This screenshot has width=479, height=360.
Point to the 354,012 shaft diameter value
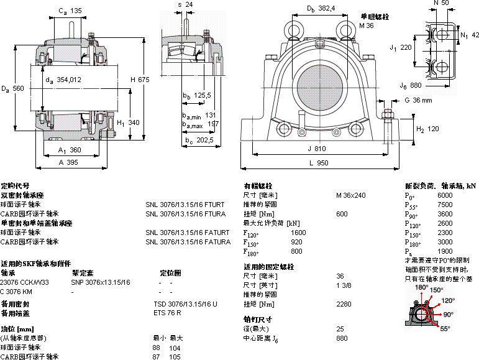(x=68, y=79)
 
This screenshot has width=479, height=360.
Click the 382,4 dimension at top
(x=323, y=8)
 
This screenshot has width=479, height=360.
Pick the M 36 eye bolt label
(x=367, y=25)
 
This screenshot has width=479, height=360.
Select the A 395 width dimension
(x=68, y=162)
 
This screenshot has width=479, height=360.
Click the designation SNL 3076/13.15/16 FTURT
(x=185, y=204)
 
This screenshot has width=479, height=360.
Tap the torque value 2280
(x=344, y=304)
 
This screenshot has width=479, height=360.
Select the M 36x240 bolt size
(x=351, y=195)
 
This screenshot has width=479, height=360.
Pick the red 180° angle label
(x=421, y=287)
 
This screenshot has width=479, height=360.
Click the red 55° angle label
(x=445, y=328)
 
